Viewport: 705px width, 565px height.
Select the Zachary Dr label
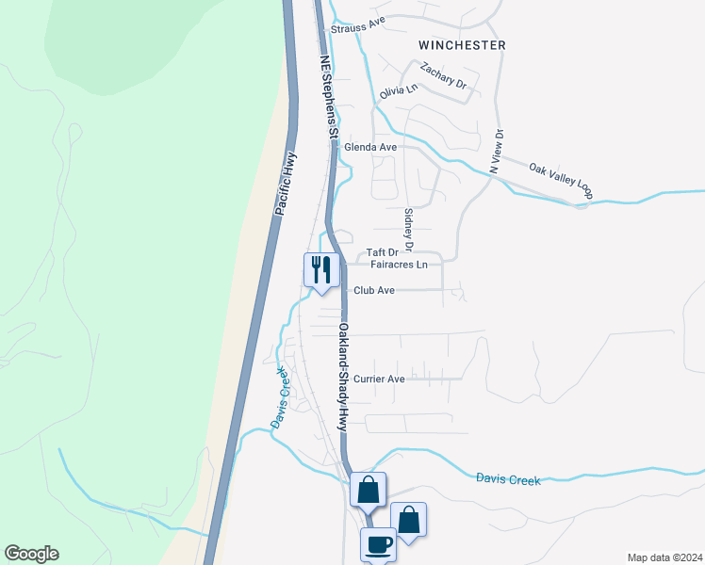coord(444,75)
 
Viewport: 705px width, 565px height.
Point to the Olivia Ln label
coord(398,91)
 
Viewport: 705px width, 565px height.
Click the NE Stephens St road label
coord(327,97)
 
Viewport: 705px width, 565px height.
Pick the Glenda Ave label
coord(370,148)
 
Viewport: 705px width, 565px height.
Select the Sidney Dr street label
coord(408,230)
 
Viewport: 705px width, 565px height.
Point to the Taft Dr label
coord(383,252)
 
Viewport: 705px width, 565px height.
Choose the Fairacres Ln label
coord(400,265)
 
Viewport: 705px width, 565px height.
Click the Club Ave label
coord(374,291)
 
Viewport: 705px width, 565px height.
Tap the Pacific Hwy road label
coord(286,184)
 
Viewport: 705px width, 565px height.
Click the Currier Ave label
coord(379,379)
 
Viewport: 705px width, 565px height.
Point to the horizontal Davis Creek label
coord(508,480)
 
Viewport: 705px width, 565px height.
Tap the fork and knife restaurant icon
coord(320,269)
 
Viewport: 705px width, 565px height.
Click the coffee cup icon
coord(379,544)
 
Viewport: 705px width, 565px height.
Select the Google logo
coord(31,554)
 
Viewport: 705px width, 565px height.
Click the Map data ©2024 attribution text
coord(664,557)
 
